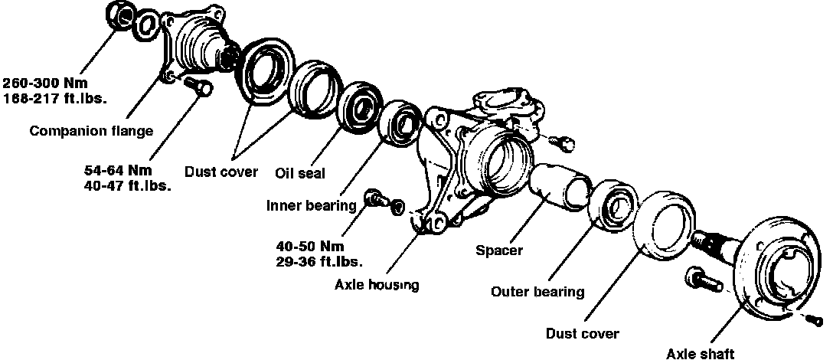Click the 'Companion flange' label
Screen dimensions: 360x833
click(x=91, y=131)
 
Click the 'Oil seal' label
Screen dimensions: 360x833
click(x=300, y=174)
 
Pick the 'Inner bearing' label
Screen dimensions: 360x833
click(x=311, y=205)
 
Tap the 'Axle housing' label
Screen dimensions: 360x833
click(x=377, y=286)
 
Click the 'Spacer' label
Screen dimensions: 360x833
click(x=498, y=250)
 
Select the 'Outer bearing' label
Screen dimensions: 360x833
click(x=537, y=292)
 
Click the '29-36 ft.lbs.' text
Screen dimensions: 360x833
click(x=319, y=260)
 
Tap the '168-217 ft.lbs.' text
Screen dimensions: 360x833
click(x=54, y=98)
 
